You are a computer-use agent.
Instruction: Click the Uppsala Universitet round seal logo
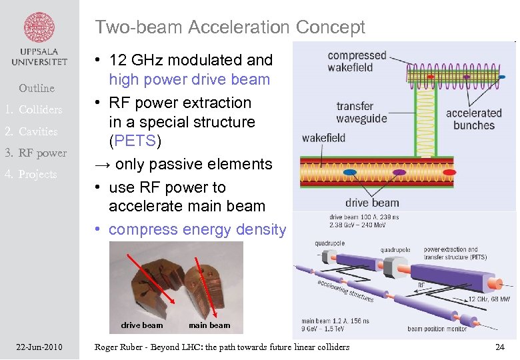coord(39,27)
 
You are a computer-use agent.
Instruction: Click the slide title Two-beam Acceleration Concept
coord(230,27)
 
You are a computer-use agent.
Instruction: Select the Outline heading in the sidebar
coord(37,88)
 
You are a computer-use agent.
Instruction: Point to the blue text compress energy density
coord(197,229)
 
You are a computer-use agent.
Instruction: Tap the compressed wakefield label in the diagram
coord(357,61)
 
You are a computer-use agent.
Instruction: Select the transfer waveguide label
coord(361,112)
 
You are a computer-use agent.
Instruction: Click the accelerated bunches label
coord(473,119)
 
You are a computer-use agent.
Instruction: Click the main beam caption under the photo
coord(209,325)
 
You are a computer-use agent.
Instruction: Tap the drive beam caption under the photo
coord(141,325)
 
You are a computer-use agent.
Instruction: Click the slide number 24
coord(499,347)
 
